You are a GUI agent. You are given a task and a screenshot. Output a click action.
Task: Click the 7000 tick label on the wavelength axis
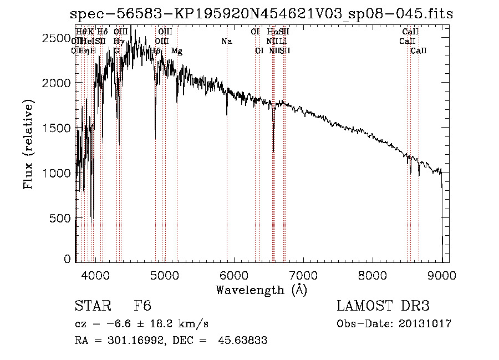point(303,274)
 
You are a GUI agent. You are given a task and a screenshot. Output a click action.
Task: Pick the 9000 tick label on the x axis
point(442,274)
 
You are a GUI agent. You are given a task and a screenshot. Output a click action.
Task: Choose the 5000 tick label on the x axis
point(164,274)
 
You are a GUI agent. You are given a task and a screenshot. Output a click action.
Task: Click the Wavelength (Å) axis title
point(261,289)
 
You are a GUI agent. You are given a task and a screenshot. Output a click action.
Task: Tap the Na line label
point(226,42)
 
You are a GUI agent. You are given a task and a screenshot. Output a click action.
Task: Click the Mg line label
point(177,51)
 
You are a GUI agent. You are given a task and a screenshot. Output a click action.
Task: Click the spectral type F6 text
point(142,306)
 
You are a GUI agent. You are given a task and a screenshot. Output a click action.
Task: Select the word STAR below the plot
point(94,306)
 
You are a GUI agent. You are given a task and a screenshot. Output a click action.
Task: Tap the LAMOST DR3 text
point(383,306)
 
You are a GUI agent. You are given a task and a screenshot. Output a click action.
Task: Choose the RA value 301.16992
point(134,341)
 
